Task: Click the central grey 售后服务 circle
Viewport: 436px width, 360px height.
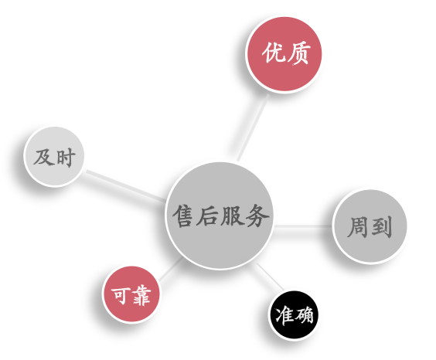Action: point(219,216)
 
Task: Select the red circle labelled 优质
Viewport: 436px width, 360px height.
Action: point(284,54)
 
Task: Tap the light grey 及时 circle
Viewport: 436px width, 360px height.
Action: point(54,157)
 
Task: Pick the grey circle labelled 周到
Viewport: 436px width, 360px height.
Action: point(370,226)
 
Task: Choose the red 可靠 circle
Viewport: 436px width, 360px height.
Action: point(131,294)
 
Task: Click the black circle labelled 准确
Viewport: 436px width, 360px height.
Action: point(294,315)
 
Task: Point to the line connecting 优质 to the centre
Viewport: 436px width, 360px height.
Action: point(253,127)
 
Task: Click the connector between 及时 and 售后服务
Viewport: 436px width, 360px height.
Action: point(126,186)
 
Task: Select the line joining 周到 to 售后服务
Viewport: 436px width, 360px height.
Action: point(302,226)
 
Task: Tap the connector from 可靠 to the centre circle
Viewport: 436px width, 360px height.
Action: point(171,269)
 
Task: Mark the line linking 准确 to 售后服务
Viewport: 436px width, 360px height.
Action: point(270,277)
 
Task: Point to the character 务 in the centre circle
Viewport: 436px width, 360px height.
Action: point(257,216)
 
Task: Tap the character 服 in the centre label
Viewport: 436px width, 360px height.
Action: point(233,216)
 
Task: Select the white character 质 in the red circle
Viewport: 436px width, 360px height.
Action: point(298,53)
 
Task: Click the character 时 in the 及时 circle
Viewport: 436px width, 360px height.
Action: point(66,158)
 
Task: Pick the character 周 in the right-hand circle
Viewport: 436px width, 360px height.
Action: point(358,226)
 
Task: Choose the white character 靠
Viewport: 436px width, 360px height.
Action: point(141,295)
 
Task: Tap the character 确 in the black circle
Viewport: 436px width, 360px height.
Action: point(303,315)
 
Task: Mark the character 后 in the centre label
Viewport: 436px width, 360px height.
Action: point(207,216)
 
